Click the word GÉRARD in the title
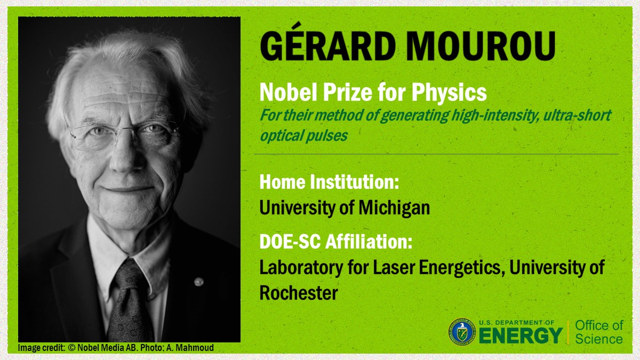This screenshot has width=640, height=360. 323,46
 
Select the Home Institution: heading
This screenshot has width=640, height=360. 329,182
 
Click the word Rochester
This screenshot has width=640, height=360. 299,293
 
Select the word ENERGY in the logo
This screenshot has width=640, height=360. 521,335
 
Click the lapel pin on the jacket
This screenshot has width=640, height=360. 198,281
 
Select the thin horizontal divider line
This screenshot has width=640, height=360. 436,154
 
